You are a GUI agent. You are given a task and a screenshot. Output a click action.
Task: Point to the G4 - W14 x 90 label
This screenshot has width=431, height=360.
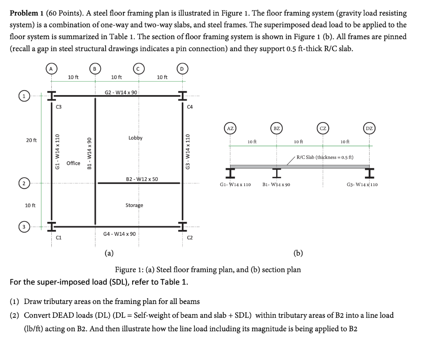(120, 233)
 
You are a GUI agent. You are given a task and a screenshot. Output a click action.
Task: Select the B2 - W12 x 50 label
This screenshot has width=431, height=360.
(142, 179)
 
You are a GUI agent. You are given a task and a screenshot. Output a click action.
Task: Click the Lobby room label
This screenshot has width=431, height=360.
(135, 138)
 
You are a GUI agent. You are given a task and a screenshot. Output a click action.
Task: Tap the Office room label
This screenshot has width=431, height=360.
(73, 163)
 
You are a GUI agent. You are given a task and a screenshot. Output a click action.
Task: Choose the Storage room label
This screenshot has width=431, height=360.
(134, 205)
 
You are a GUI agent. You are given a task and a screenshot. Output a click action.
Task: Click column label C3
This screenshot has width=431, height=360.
(59, 107)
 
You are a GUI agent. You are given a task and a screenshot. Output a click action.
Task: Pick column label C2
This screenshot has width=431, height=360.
(190, 238)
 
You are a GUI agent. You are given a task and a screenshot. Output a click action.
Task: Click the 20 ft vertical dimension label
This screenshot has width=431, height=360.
(31, 140)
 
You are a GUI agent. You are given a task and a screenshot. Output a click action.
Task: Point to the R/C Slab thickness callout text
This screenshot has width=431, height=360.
(325, 157)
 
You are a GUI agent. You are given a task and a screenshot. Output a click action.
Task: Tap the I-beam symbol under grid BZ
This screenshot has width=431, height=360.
(277, 172)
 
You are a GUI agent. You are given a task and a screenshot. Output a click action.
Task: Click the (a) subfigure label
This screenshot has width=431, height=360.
(109, 253)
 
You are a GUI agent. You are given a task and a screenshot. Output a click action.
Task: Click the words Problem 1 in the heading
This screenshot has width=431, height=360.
(25, 13)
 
